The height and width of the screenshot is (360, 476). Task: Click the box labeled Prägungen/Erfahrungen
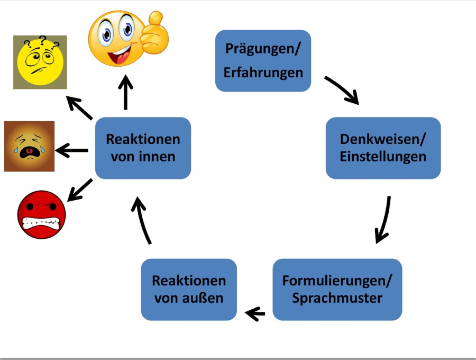(263, 60)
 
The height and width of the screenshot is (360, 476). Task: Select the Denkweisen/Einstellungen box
(383, 148)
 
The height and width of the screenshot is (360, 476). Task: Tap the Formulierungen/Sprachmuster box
(337, 289)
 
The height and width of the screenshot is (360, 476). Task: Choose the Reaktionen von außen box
(189, 289)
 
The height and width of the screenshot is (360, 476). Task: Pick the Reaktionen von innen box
(143, 148)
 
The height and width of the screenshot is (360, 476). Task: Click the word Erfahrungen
(263, 72)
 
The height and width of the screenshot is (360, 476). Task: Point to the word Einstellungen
(383, 157)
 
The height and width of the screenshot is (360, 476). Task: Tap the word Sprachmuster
(337, 298)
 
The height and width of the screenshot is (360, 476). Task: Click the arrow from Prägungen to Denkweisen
(342, 89)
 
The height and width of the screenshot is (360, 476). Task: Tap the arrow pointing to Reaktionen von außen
(255, 314)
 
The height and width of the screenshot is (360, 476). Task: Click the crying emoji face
(29, 146)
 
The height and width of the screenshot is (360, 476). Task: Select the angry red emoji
(41, 214)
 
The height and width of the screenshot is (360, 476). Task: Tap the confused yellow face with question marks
(40, 61)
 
